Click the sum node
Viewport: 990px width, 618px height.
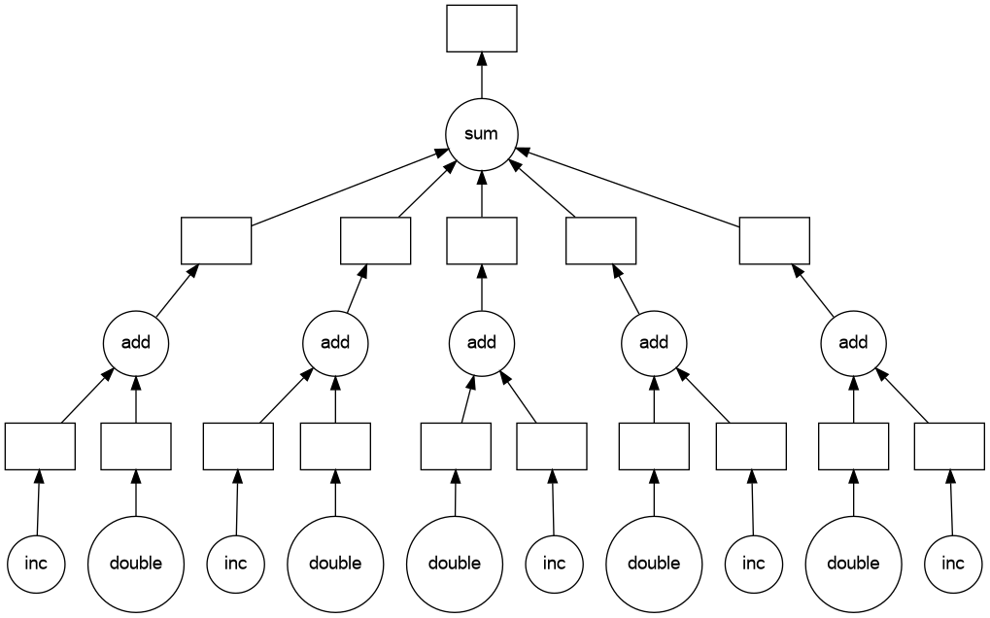click(x=481, y=134)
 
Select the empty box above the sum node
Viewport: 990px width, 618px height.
click(x=481, y=28)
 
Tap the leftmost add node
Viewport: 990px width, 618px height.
click(x=136, y=342)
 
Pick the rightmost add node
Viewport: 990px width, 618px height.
click(x=853, y=342)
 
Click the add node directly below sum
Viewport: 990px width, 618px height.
click(x=481, y=342)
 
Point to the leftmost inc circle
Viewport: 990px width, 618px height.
click(x=37, y=563)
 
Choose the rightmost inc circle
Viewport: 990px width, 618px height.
click(x=953, y=563)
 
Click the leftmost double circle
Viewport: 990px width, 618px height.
click(x=136, y=563)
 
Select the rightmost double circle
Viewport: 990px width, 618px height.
click(x=853, y=563)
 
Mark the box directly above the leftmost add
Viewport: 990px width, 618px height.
click(x=216, y=240)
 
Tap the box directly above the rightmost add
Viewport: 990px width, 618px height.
click(x=774, y=240)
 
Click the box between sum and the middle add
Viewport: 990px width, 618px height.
click(x=481, y=240)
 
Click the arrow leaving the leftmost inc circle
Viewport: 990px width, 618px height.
click(x=39, y=501)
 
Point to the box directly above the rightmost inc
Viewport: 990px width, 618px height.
click(x=949, y=446)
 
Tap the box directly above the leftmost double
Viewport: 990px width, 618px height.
click(x=136, y=446)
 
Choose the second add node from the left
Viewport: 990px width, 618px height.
click(x=335, y=342)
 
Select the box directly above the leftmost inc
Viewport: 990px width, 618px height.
click(x=40, y=446)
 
